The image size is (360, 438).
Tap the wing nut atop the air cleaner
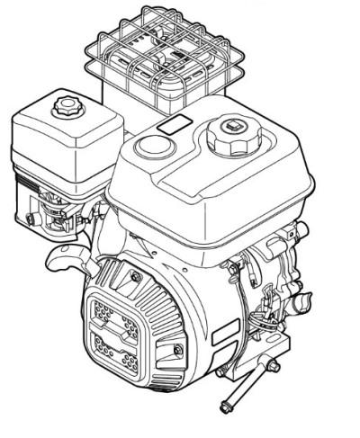67,107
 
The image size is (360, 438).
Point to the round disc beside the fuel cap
150,145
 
